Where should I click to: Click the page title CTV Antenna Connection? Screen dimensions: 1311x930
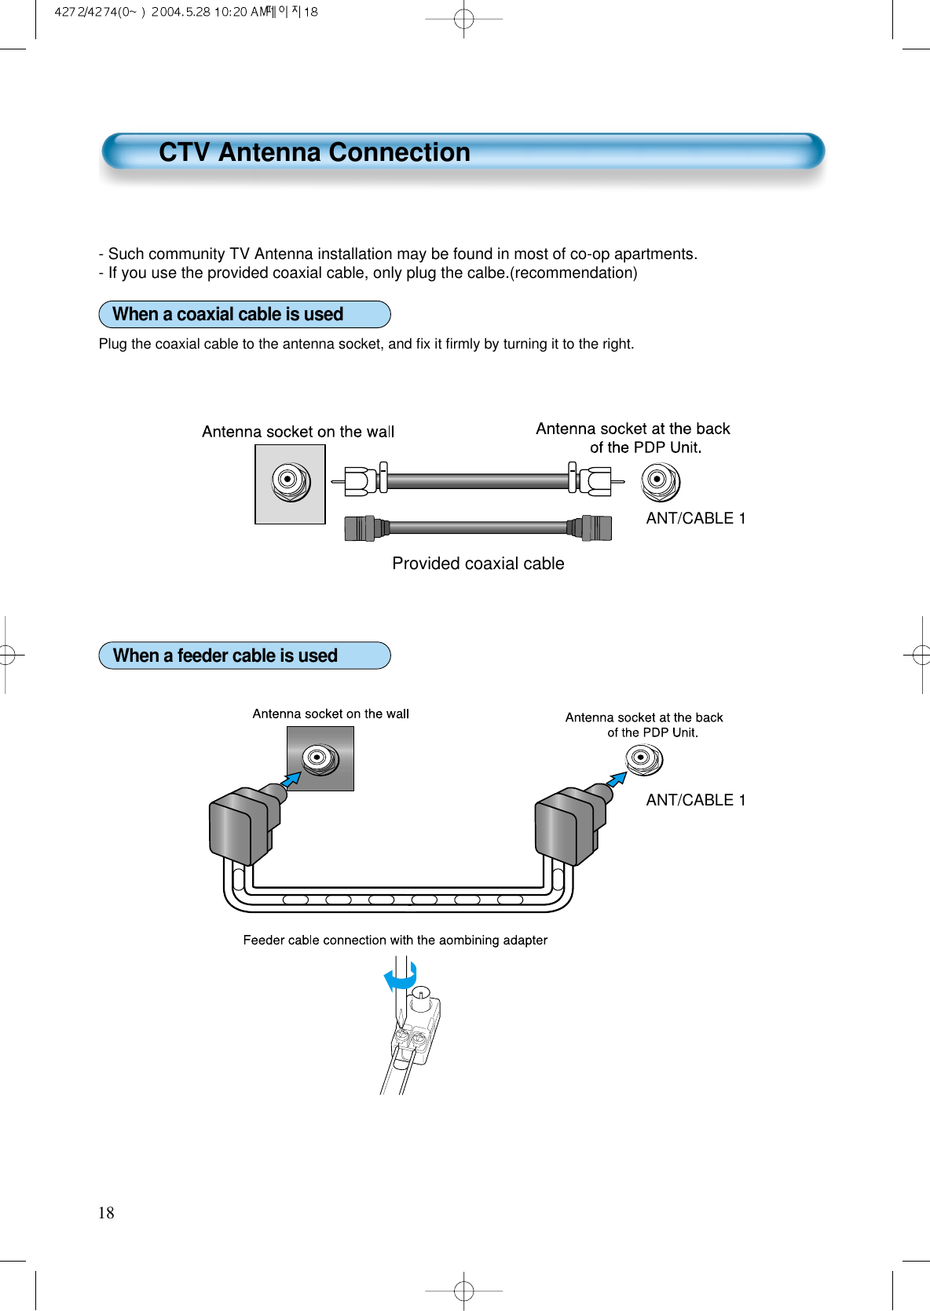click(314, 152)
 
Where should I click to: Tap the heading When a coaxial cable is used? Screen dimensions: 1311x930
click(228, 315)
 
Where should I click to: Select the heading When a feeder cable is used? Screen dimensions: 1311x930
click(225, 656)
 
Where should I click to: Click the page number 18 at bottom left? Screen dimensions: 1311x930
click(106, 1213)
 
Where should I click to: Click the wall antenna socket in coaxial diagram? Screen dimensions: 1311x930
click(290, 480)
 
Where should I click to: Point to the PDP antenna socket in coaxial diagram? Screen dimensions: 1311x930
click(660, 481)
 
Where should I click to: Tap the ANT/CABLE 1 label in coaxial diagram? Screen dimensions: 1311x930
click(695, 519)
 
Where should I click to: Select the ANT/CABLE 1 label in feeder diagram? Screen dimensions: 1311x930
click(695, 801)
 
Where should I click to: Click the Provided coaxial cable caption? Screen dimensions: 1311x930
click(478, 564)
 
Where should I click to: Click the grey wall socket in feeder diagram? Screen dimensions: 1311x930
click(320, 758)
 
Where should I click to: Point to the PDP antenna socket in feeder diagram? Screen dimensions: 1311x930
click(643, 759)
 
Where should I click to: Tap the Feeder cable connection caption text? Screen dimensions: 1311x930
click(395, 940)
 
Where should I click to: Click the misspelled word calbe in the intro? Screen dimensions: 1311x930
click(485, 273)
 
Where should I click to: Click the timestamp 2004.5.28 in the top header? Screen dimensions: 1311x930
click(181, 12)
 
